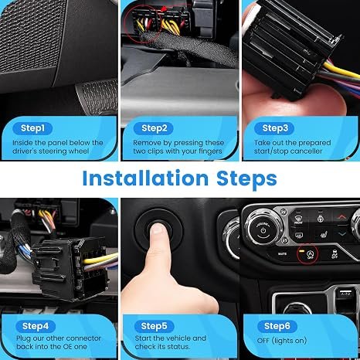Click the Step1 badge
point(32,128)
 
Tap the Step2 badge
point(154,128)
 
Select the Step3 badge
point(274,128)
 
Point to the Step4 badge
point(36,326)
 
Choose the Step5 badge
point(154,326)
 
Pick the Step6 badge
point(277,326)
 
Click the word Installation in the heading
point(145,178)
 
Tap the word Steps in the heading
point(246,179)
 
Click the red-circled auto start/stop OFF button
point(308,254)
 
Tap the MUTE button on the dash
point(282,254)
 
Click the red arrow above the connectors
point(163,9)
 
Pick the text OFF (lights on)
point(282,341)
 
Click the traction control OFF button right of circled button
point(335,253)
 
